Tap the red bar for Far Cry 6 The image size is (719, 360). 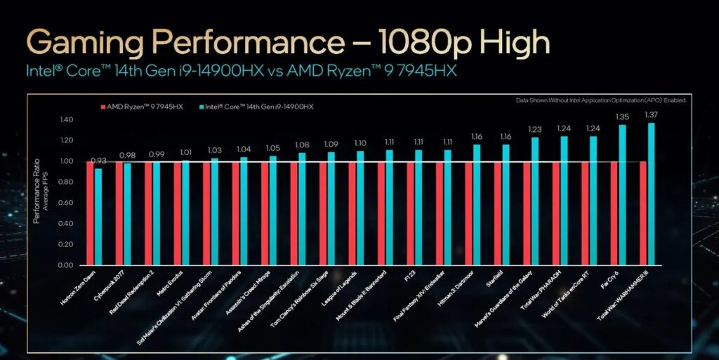coord(614,213)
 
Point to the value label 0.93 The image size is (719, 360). coord(100,161)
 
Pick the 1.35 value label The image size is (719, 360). coord(622,117)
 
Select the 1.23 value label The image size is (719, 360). coord(535,129)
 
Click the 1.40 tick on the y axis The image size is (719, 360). coord(65,120)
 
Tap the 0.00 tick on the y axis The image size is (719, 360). coord(65,265)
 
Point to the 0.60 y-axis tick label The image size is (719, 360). coord(65,203)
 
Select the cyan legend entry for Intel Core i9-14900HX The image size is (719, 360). coord(256,106)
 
